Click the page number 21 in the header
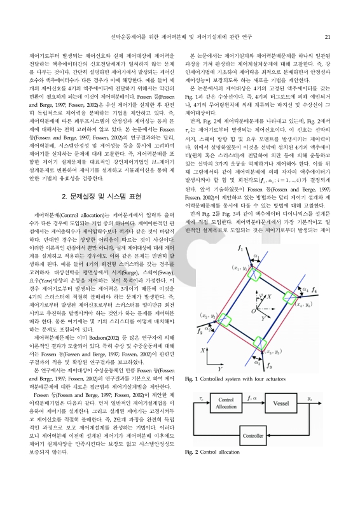click(x=326, y=37)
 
